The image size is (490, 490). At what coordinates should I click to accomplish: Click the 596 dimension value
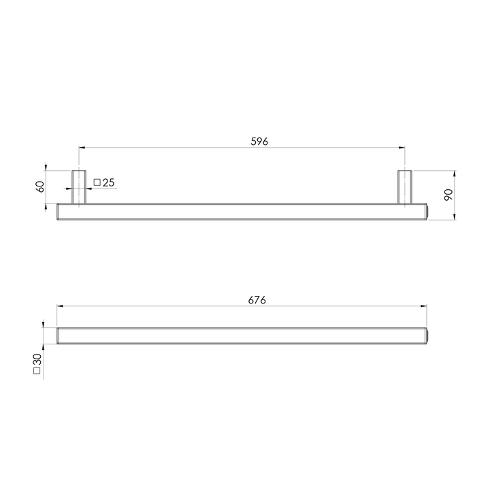(260, 142)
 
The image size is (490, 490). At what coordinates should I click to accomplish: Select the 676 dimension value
(256, 300)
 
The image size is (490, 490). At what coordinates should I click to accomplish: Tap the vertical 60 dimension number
(40, 186)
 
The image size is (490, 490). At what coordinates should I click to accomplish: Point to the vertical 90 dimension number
(448, 195)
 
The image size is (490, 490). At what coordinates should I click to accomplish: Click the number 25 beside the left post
(109, 182)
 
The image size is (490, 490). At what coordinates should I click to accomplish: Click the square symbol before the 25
(97, 182)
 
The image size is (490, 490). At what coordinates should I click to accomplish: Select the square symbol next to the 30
(37, 374)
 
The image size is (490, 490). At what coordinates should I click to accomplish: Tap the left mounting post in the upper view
(79, 186)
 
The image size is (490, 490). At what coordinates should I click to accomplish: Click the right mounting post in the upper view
(404, 186)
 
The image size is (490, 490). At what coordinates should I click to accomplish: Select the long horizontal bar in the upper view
(242, 211)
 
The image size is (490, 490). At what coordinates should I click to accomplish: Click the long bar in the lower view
(242, 336)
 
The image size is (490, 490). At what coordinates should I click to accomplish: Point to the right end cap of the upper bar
(428, 211)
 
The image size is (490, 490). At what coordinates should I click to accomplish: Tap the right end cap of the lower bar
(428, 336)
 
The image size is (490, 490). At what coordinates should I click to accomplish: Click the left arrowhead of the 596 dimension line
(81, 147)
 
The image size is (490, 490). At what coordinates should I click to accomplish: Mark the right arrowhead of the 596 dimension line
(402, 147)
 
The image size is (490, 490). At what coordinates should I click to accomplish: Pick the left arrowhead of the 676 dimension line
(59, 306)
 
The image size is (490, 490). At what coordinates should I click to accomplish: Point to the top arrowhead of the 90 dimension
(454, 172)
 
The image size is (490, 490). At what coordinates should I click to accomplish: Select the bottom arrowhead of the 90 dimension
(454, 217)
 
